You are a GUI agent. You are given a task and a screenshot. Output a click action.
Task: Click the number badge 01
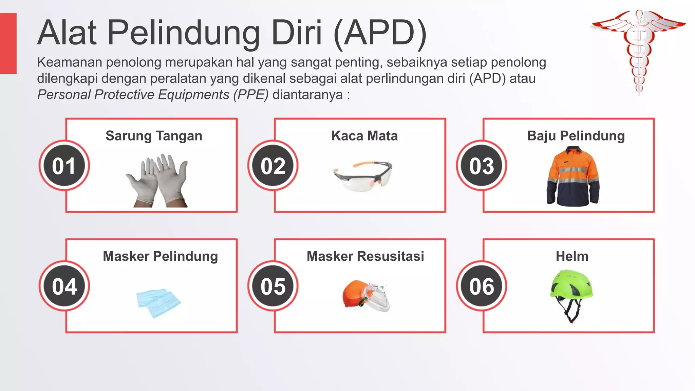64,166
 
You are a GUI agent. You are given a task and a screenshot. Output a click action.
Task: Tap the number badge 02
273,166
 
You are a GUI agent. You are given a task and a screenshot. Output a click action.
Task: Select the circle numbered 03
482,166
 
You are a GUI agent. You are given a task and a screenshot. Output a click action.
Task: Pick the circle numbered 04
64,286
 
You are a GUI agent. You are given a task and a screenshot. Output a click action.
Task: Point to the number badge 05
273,286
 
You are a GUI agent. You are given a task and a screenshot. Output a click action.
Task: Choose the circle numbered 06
482,286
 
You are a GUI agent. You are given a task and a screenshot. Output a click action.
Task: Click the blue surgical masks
158,302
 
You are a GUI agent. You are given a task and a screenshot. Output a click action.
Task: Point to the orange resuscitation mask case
355,294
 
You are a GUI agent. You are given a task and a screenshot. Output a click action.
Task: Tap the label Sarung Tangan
154,136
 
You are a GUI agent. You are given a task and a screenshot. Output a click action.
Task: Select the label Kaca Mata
364,136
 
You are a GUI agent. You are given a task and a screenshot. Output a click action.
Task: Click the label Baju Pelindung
576,136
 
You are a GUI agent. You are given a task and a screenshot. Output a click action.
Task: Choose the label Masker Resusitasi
365,256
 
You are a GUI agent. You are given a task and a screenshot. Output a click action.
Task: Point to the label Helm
572,256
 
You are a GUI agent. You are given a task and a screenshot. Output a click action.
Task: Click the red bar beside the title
8,43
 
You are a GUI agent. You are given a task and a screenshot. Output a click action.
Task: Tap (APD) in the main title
380,33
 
